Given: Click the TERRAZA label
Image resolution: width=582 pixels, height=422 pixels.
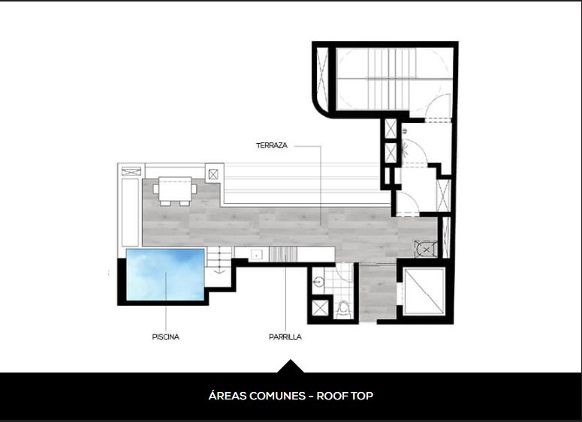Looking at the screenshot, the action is [272, 145].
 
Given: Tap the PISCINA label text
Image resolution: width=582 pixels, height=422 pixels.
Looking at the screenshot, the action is [165, 337].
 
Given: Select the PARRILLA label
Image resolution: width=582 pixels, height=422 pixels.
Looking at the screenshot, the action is [285, 337].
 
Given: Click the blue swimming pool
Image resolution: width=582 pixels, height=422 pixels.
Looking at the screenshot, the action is [165, 274].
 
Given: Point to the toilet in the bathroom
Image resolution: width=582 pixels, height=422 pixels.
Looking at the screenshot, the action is [344, 310].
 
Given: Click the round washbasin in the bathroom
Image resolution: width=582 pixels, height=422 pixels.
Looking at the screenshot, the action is [318, 282].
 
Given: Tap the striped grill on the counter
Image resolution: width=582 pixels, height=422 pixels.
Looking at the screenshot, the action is [283, 255].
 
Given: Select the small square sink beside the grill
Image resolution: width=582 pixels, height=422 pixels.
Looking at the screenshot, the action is [257, 255].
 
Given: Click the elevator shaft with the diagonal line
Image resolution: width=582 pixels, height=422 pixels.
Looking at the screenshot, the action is [424, 292].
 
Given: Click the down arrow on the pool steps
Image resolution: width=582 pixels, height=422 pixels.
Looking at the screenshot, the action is [219, 271].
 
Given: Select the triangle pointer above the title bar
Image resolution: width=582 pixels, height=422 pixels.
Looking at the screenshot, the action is [291, 366].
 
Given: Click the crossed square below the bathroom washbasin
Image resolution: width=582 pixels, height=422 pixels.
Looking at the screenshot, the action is [320, 308].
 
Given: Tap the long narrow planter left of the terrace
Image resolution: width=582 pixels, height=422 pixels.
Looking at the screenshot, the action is [130, 212].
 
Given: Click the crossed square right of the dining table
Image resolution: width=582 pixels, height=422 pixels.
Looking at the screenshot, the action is [213, 174].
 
